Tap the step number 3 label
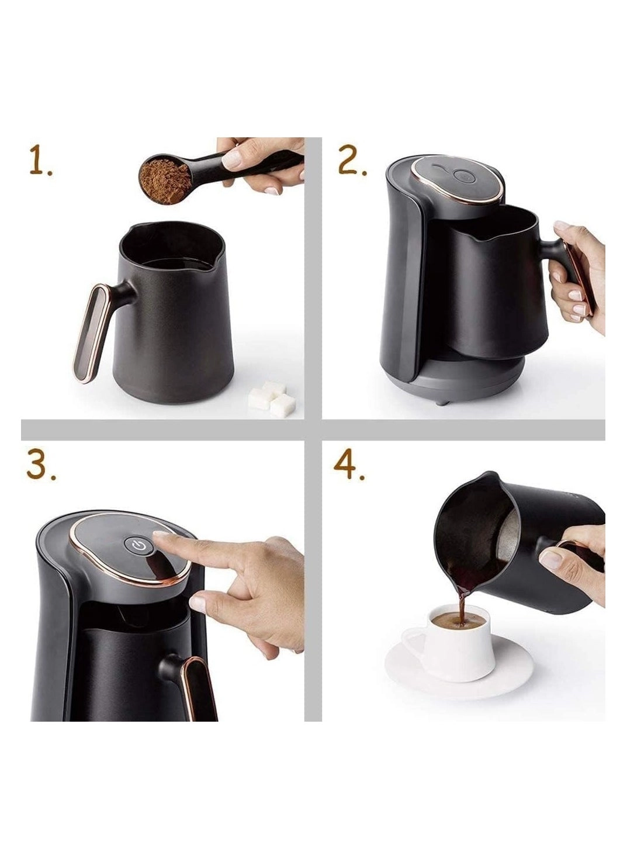point(41,466)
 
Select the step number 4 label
point(349,466)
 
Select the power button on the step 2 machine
point(462,175)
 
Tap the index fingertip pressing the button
point(161,537)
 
